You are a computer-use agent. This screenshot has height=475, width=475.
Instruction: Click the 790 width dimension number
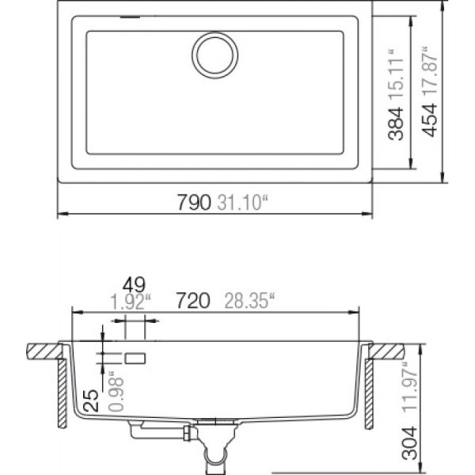(x=194, y=202)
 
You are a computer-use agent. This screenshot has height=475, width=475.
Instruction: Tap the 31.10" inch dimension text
(x=243, y=202)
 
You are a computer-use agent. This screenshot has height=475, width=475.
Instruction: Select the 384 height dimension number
(x=397, y=123)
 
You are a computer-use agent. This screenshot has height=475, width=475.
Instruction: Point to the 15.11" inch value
(x=397, y=75)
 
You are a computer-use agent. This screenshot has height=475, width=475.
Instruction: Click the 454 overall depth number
(x=430, y=120)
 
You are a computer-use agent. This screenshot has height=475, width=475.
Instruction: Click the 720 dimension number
(x=193, y=301)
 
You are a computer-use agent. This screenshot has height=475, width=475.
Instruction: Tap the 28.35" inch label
(x=249, y=301)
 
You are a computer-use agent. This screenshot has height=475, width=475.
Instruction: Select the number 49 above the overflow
(x=134, y=285)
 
